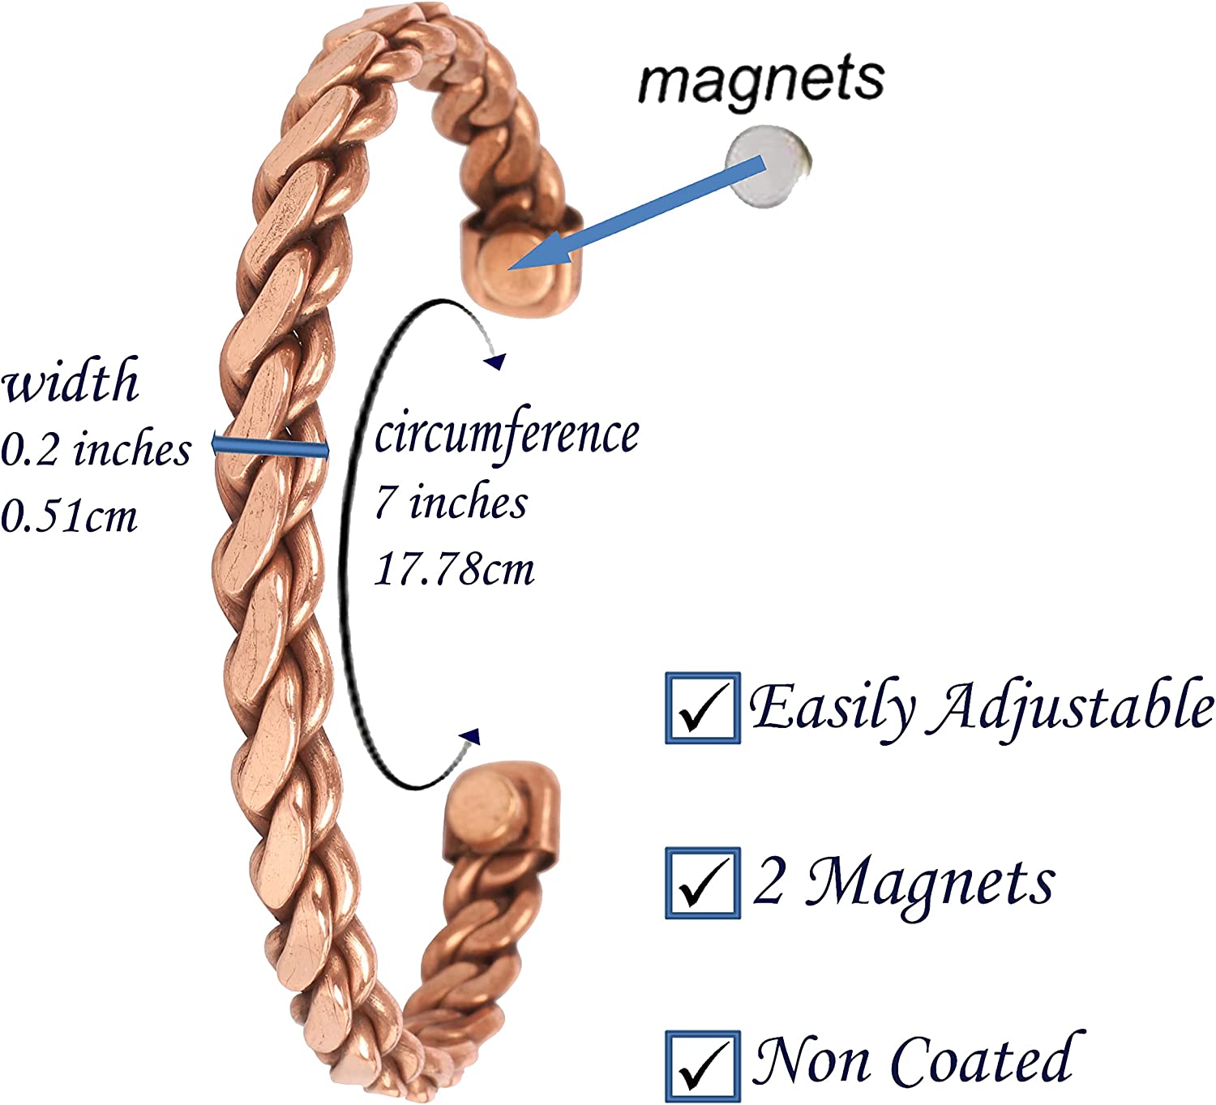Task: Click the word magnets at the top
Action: pyautogui.click(x=761, y=82)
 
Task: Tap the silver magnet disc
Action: pyautogui.click(x=769, y=167)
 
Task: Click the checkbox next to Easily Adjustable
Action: pyautogui.click(x=703, y=708)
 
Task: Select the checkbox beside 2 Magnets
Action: pyautogui.click(x=703, y=883)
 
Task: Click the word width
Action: pyautogui.click(x=71, y=380)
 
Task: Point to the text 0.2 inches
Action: pyautogui.click(x=96, y=449)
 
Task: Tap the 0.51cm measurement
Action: pyautogui.click(x=69, y=516)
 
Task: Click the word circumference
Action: pyautogui.click(x=507, y=433)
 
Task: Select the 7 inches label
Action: pyautogui.click(x=451, y=502)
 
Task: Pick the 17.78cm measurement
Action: pyautogui.click(x=454, y=568)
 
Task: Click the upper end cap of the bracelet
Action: pyautogui.click(x=520, y=262)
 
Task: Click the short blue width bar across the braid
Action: pyautogui.click(x=270, y=448)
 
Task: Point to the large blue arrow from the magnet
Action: pyautogui.click(x=636, y=213)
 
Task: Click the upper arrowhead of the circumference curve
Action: pyautogui.click(x=495, y=362)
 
